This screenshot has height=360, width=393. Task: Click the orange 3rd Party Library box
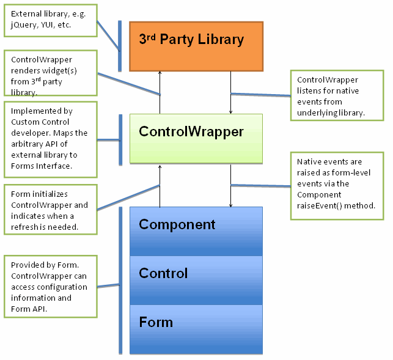(x=196, y=46)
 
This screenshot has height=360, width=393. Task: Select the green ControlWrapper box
(x=196, y=138)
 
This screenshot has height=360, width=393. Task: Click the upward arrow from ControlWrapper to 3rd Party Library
(x=160, y=92)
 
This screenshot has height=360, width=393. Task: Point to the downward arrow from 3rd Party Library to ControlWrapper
(x=230, y=92)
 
